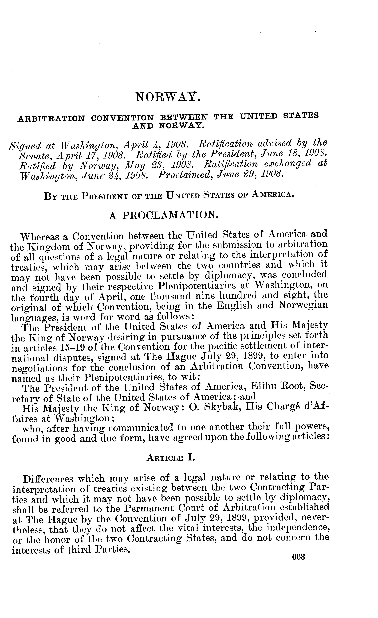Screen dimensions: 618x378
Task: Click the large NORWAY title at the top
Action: pos(168,97)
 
